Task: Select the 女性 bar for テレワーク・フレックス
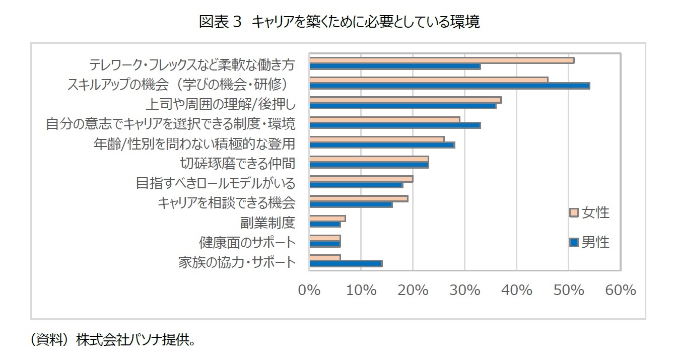pyautogui.click(x=441, y=60)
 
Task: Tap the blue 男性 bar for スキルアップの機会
pyautogui.click(x=449, y=86)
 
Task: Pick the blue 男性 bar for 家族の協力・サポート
pyautogui.click(x=346, y=263)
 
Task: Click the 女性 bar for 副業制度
pyautogui.click(x=327, y=219)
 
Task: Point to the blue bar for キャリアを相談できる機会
pyautogui.click(x=351, y=204)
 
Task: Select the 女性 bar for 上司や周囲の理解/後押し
pyautogui.click(x=405, y=100)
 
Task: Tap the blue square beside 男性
pyautogui.click(x=574, y=243)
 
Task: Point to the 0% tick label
pyautogui.click(x=310, y=291)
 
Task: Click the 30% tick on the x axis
pyautogui.click(x=465, y=291)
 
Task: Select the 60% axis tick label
pyautogui.click(x=621, y=291)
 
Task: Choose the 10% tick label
pyautogui.click(x=362, y=291)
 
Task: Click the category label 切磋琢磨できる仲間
pyautogui.click(x=237, y=163)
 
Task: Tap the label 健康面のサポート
pyautogui.click(x=247, y=242)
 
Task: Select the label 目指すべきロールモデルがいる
pyautogui.click(x=216, y=183)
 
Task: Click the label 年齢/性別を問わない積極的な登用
pyautogui.click(x=194, y=143)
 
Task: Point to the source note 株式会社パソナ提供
pyautogui.click(x=135, y=340)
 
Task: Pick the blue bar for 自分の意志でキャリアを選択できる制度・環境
pyautogui.click(x=394, y=125)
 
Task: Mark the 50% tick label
pyautogui.click(x=569, y=291)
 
